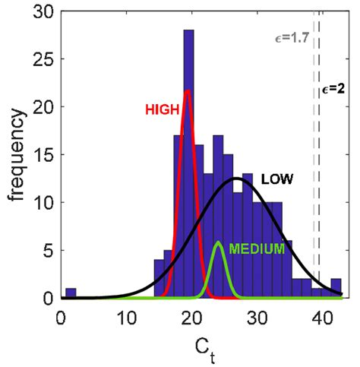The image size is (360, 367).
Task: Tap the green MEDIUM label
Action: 257,248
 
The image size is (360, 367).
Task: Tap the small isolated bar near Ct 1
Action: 71,293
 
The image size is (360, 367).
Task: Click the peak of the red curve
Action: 187,93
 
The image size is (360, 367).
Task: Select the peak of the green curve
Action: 219,243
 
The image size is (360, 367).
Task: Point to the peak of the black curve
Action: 237,179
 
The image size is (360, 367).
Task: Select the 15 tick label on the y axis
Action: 46,155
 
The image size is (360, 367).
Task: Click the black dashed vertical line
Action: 320,190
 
